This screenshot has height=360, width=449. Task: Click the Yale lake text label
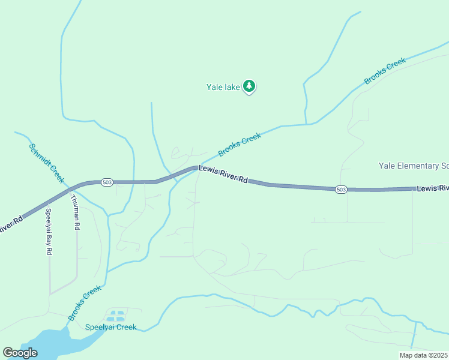click(223, 87)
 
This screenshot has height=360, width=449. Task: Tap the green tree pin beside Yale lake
click(249, 86)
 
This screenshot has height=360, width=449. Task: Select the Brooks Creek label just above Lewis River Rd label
click(240, 145)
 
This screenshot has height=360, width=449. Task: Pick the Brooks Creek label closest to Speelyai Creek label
click(84, 303)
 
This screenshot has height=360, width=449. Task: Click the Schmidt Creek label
click(46, 163)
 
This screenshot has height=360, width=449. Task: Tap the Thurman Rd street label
click(75, 213)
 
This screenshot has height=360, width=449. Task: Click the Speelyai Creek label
click(110, 327)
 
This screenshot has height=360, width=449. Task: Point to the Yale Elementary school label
click(414, 166)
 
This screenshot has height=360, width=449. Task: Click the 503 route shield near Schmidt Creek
click(107, 182)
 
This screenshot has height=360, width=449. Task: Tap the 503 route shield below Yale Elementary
click(341, 189)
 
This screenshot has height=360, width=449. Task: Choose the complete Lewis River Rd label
click(223, 175)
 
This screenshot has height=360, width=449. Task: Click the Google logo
click(20, 353)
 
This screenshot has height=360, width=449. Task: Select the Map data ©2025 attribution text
click(424, 355)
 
